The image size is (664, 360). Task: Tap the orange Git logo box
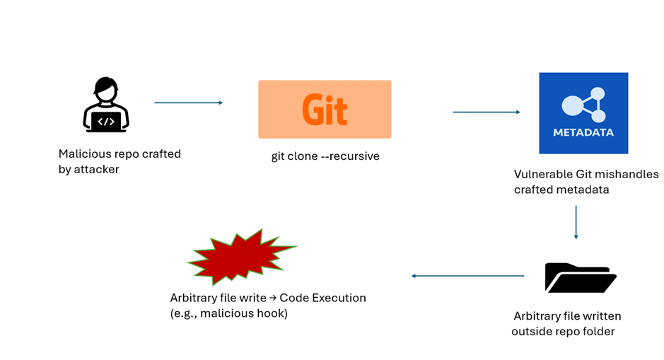[325, 109]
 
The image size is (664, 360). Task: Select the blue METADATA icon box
[583, 113]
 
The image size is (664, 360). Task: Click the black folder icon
[581, 277]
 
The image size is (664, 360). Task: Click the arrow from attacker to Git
[188, 103]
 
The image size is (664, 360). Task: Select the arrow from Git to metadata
[487, 112]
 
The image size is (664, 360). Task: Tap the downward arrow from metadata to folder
[576, 222]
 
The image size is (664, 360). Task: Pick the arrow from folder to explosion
[467, 276]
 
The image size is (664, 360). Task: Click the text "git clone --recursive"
[325, 156]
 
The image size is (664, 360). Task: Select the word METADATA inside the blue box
[583, 132]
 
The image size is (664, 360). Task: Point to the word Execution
[339, 298]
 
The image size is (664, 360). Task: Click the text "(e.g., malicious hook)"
[229, 313]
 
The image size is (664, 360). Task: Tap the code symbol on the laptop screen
[105, 121]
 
